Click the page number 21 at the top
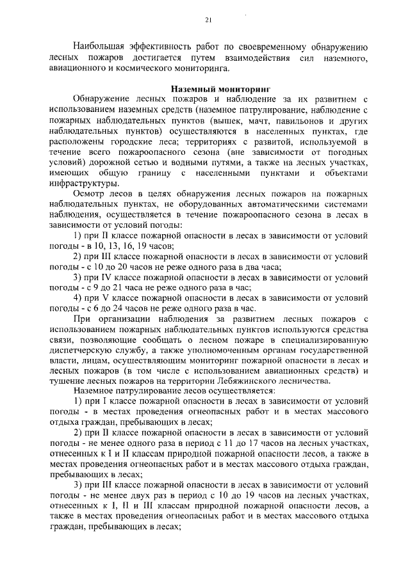tap(208, 20)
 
